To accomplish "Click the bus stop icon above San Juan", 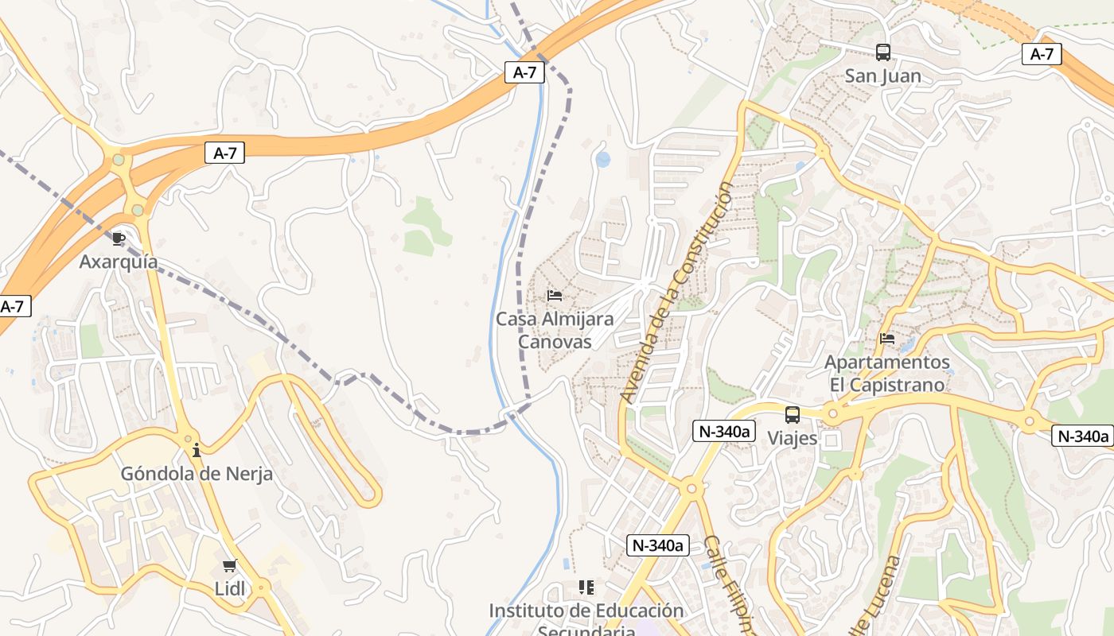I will pos(883,52).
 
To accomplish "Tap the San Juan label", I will pos(883,76).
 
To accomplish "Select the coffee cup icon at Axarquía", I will pos(119,238).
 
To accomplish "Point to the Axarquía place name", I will pos(119,262).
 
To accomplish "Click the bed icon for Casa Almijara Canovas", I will pos(555,296).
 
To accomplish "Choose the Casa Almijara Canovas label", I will pos(555,330).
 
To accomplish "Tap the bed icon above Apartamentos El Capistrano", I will pos(887,339).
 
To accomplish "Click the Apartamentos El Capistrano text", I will pos(887,374).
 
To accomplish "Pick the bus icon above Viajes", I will pos(793,414).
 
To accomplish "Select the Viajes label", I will pos(793,438).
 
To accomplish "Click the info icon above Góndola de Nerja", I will pos(197,450).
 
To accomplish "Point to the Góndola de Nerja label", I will pos(197,474).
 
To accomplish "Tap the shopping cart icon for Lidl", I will pos(230,565).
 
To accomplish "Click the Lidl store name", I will pos(230,589).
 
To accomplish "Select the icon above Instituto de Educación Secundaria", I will pos(586,588).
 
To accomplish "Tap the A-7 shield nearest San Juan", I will pos(1042,54).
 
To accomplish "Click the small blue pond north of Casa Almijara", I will pos(603,160).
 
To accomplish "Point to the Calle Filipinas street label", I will pos(726,584).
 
